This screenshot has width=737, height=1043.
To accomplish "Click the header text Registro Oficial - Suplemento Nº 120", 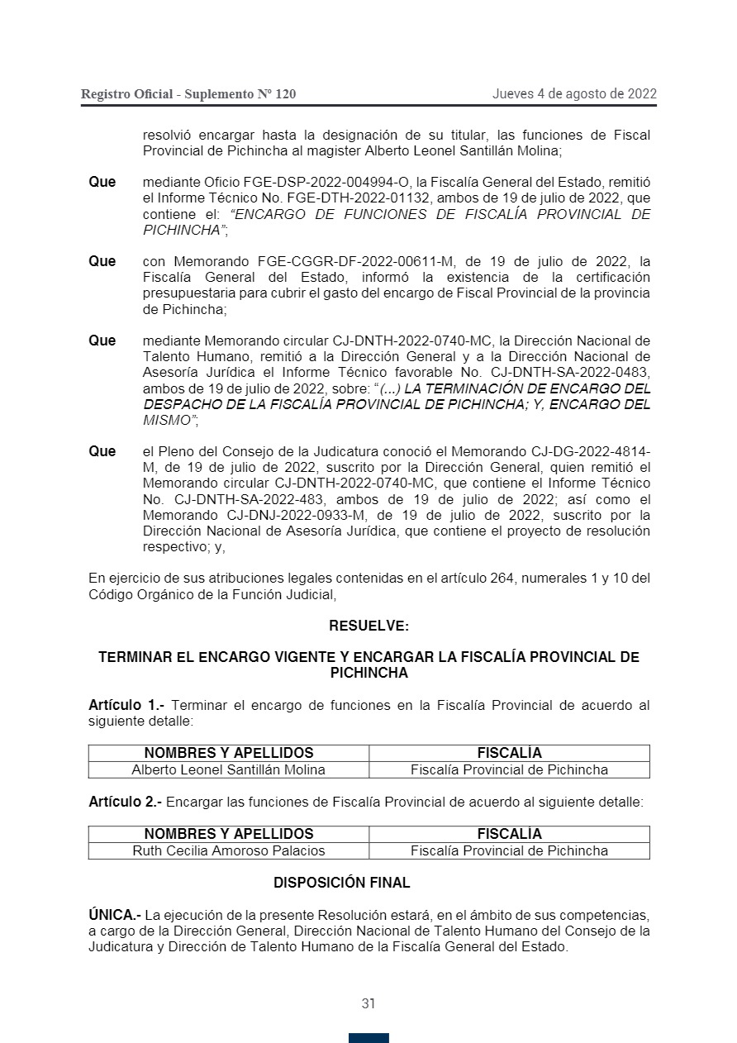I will click(x=188, y=94).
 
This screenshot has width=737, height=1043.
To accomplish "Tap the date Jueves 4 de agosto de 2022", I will click(x=574, y=93).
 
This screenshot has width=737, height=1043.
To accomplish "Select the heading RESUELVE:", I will click(x=368, y=626).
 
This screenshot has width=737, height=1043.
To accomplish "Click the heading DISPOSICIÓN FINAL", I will click(x=341, y=883).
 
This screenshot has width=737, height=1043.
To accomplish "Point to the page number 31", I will click(x=368, y=1003).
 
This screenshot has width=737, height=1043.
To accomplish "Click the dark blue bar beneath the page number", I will click(x=368, y=1038).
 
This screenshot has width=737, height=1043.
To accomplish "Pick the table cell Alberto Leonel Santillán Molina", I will click(x=229, y=769).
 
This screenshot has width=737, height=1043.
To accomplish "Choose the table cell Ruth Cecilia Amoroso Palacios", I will click(x=229, y=850).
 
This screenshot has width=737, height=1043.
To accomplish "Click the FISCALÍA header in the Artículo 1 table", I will click(x=509, y=753).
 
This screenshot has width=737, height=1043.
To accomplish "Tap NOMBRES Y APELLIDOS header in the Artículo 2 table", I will click(x=229, y=834).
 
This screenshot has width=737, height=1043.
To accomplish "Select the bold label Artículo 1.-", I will click(x=126, y=705).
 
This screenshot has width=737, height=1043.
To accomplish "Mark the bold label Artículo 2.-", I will click(x=126, y=802).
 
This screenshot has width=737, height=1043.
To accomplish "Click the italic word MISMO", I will click(x=168, y=420).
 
